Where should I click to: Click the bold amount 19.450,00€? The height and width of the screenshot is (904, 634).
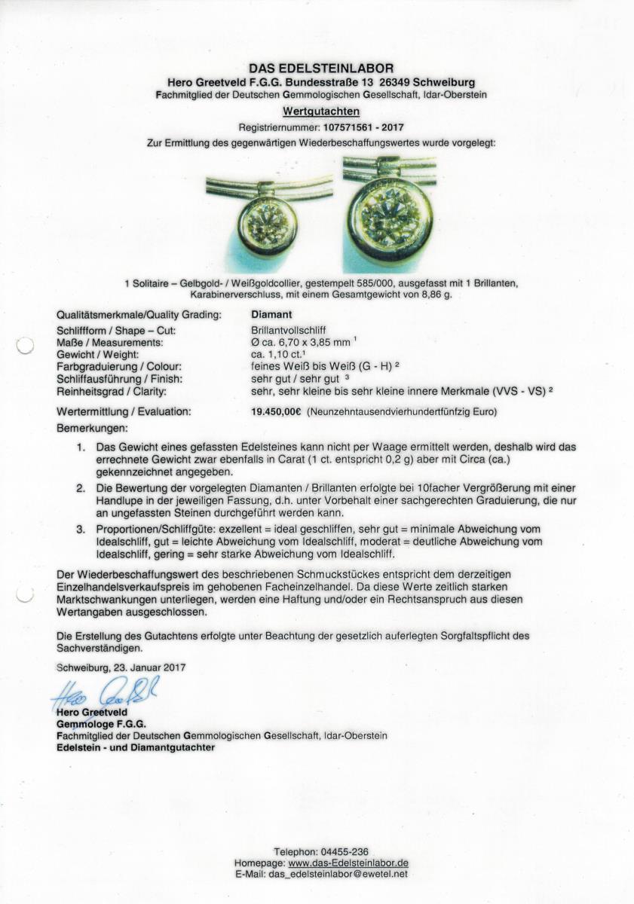click(276, 412)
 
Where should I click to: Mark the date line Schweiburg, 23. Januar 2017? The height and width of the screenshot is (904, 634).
click(121, 667)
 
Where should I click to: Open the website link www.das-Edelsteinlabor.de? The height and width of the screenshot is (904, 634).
click(348, 863)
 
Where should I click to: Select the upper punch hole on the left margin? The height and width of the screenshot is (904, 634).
click(25, 346)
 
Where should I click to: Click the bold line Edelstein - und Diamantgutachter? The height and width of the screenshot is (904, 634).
click(136, 747)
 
